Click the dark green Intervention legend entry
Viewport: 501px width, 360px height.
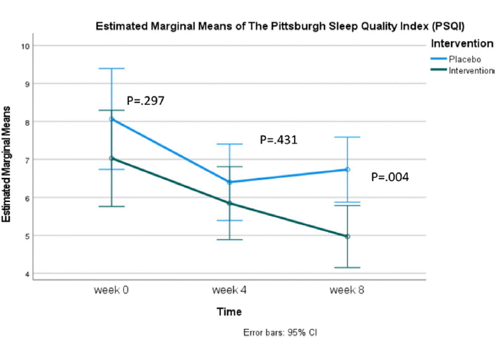pos(471,70)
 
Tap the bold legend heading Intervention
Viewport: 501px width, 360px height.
pos(462,44)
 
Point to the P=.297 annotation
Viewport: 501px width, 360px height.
pos(146,100)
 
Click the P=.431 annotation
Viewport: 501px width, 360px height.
pos(279,140)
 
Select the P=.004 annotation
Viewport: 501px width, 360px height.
pos(390,177)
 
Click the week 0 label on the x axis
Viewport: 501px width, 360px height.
pos(112,290)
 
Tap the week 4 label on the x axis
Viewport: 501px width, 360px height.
pos(229,290)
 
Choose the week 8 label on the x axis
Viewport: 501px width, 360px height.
pos(347,290)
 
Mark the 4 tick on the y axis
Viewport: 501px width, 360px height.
pos(26,274)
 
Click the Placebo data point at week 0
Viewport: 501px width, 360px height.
pos(112,119)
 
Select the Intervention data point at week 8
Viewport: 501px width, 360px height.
pos(347,236)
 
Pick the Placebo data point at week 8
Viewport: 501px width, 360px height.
pos(347,170)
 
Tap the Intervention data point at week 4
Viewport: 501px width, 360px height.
pos(229,203)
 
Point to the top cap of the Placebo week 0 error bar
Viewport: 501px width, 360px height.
pos(112,69)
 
